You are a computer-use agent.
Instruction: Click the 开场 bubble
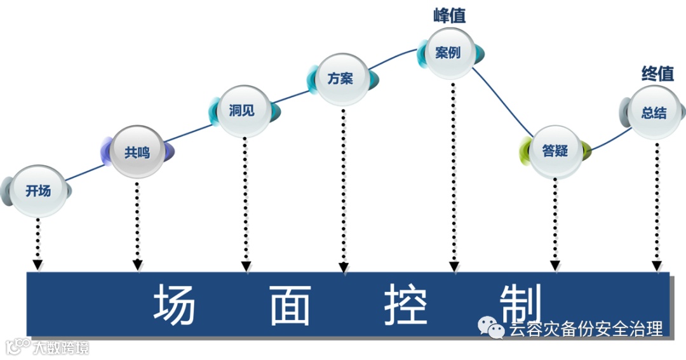[x=38, y=190]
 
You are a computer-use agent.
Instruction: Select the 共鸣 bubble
[x=137, y=152]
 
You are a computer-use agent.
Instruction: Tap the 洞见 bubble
[x=243, y=110]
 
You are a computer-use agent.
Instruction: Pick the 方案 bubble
[x=341, y=79]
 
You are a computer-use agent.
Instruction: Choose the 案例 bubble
[x=448, y=53]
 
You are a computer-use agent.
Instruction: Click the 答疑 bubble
[x=555, y=151]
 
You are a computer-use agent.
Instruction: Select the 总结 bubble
[x=654, y=113]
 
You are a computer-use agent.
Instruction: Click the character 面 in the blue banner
[x=290, y=304]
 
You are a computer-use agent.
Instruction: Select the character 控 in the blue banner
[x=405, y=304]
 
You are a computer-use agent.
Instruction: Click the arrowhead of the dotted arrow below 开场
[x=38, y=263]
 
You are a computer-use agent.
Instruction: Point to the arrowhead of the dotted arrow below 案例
[x=454, y=267]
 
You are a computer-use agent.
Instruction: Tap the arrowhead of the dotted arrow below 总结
[x=657, y=263]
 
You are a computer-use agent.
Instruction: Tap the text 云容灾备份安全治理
[x=586, y=329]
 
